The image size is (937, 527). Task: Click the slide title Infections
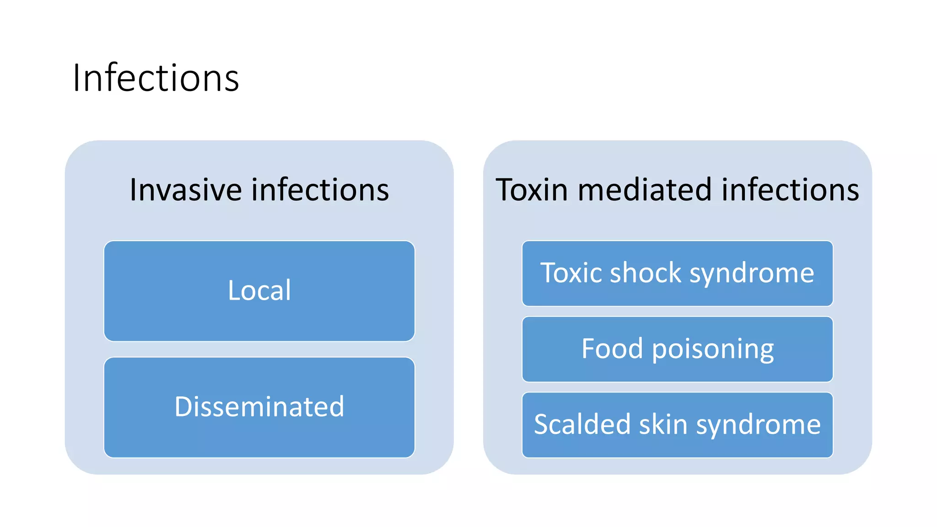click(x=156, y=78)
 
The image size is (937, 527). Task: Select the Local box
click(x=259, y=291)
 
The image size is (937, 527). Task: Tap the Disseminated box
click(x=259, y=407)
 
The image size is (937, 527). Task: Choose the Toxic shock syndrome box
click(x=677, y=274)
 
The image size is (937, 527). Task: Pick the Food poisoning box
click(x=677, y=350)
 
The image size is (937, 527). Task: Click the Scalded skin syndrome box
click(x=677, y=425)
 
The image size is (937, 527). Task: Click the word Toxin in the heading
click(x=532, y=189)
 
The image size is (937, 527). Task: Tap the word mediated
click(x=645, y=189)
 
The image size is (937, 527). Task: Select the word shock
click(x=646, y=273)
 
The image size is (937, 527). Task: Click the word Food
click(x=612, y=349)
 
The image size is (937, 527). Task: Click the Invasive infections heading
click(x=259, y=189)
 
